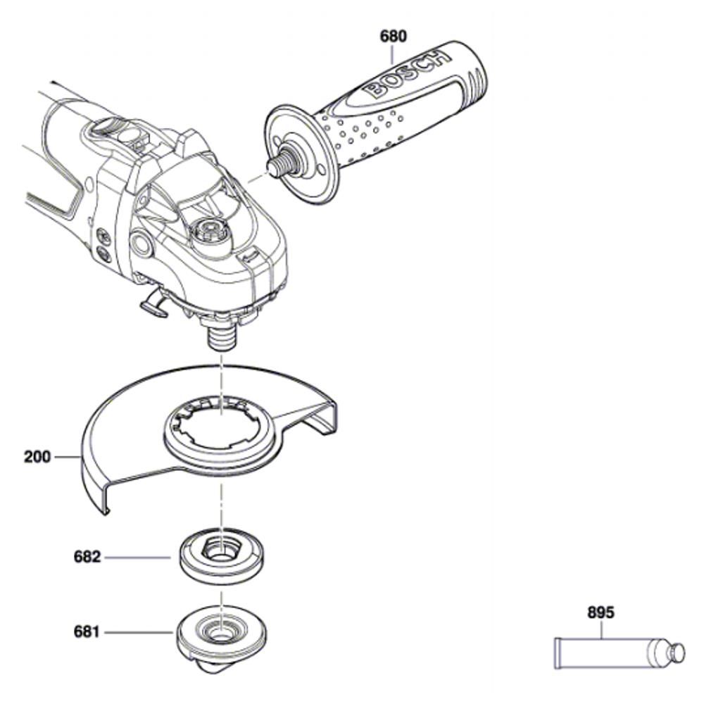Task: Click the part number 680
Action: click(394, 37)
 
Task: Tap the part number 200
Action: click(38, 457)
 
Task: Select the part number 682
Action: click(87, 557)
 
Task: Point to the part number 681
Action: click(87, 633)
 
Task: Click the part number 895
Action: click(601, 612)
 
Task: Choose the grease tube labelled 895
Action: click(620, 653)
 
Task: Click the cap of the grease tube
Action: click(677, 652)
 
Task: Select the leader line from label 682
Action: click(137, 557)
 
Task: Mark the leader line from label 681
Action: click(138, 633)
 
